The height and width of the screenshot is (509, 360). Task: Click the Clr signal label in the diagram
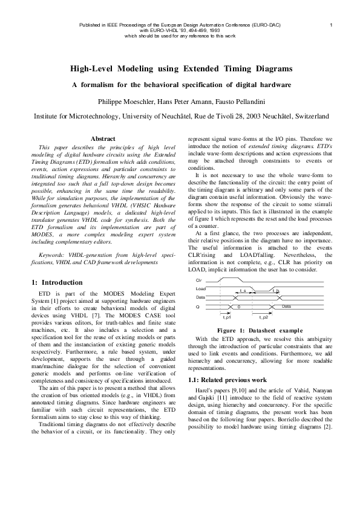point(199,282)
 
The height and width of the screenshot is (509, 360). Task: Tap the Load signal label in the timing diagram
point(200,290)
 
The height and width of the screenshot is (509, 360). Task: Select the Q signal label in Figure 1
point(198,306)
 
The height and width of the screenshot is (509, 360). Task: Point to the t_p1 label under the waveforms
point(226,317)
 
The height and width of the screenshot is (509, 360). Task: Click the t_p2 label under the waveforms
point(264,317)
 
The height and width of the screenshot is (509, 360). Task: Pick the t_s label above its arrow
point(243,291)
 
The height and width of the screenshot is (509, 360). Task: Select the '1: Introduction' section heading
point(56,282)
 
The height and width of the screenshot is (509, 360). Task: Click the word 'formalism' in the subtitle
point(100,85)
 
